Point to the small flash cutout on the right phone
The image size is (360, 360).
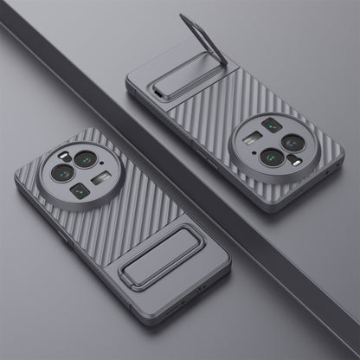point(295,161)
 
